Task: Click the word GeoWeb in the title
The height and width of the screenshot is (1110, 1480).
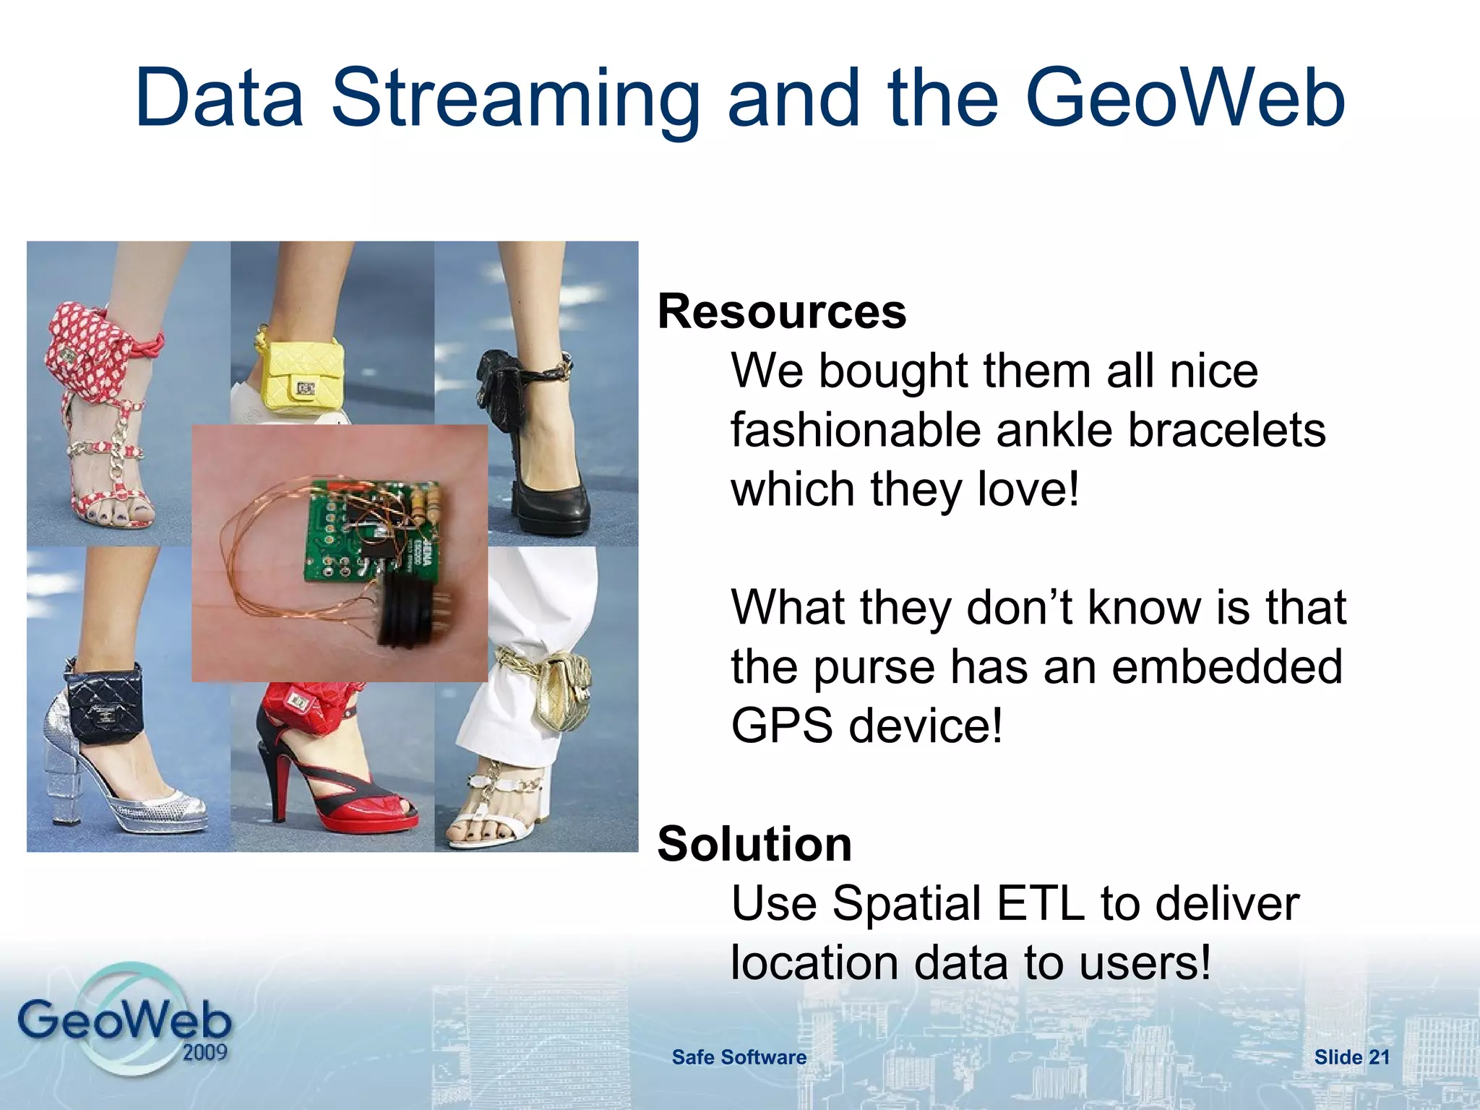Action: click(x=1185, y=98)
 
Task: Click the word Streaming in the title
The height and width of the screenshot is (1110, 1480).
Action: click(x=515, y=98)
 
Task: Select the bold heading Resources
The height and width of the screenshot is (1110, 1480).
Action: click(x=781, y=312)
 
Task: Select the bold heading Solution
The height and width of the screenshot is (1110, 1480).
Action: click(x=754, y=844)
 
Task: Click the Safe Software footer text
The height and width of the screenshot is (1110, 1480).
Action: click(x=739, y=1057)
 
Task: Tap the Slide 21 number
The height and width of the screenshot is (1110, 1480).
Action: click(x=1351, y=1057)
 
